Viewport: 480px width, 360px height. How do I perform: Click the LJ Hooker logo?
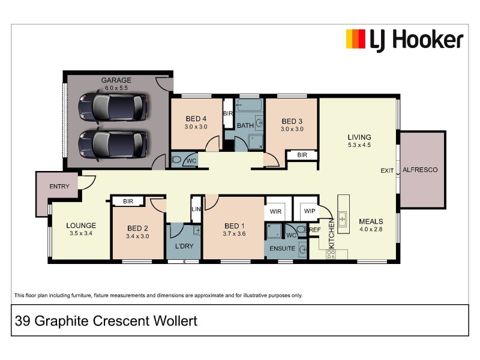click(404, 40)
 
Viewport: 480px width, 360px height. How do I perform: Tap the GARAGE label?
click(116, 80)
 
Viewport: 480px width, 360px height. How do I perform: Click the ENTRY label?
click(59, 187)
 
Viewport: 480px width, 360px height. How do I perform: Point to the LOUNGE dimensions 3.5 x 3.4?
click(80, 235)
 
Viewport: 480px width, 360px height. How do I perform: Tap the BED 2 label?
click(137, 228)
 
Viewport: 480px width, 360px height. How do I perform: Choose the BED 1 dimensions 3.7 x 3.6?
click(233, 236)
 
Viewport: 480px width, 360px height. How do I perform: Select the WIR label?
click(276, 212)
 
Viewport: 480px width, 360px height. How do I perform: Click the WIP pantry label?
click(310, 212)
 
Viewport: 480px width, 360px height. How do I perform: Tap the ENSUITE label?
click(281, 248)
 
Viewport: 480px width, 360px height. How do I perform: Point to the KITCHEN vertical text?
click(331, 238)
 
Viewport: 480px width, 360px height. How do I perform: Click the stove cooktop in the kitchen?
click(331, 254)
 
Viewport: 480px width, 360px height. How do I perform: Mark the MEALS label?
click(371, 220)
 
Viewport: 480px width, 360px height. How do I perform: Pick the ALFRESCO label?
click(420, 170)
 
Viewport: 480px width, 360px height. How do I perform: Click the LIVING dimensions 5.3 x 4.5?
click(359, 145)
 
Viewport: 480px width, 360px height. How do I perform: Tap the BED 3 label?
click(292, 120)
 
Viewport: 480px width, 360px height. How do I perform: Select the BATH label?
click(245, 126)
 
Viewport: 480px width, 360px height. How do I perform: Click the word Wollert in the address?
click(175, 322)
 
